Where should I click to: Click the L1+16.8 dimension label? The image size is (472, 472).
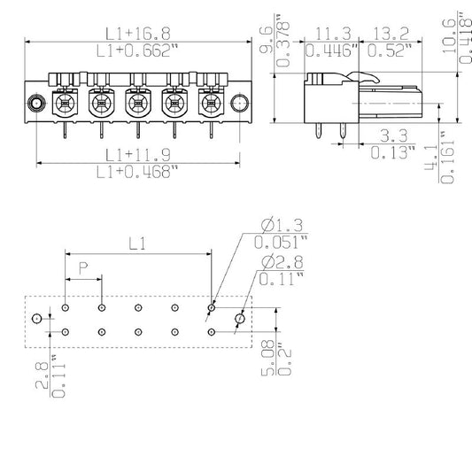(138, 34)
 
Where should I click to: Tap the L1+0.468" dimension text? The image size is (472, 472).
(137, 172)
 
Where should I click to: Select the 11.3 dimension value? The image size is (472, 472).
(334, 34)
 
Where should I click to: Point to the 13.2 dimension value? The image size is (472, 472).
(391, 34)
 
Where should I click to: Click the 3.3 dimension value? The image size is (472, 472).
(394, 135)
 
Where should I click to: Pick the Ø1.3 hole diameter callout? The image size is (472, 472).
(282, 225)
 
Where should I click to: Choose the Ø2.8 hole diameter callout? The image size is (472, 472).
(282, 262)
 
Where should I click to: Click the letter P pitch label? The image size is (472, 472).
(83, 268)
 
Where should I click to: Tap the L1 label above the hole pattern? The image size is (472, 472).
(137, 244)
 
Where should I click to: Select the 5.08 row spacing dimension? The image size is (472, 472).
(267, 358)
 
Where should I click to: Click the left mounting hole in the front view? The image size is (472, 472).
(36, 104)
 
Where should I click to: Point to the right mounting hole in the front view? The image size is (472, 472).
(240, 104)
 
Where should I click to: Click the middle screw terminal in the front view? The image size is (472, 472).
(138, 104)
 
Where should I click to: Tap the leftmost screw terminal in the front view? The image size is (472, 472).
(65, 104)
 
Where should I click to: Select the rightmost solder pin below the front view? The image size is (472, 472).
(211, 130)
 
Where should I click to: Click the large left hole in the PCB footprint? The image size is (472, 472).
(36, 318)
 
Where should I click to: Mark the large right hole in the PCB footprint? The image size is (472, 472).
(240, 319)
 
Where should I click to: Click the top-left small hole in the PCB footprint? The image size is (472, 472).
(65, 307)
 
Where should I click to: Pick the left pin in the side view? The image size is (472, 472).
(319, 131)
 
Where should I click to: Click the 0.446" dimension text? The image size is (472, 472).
(332, 50)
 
